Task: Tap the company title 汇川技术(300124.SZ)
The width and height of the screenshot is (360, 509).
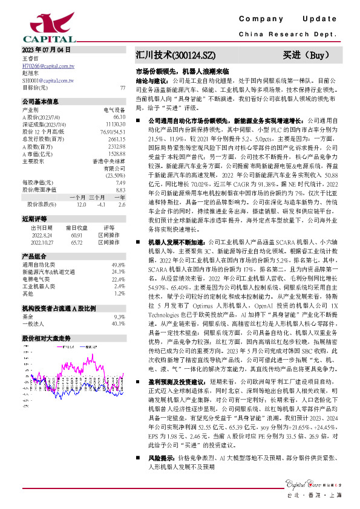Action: [x=175, y=56]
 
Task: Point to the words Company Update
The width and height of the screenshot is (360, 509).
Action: [x=291, y=19]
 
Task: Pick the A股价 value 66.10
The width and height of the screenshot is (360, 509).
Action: [x=119, y=116]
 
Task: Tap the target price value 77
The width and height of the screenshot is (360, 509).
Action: [x=123, y=88]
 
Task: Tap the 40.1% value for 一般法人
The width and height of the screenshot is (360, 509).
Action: [x=119, y=323]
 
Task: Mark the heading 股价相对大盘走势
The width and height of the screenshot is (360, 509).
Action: [x=46, y=338]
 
